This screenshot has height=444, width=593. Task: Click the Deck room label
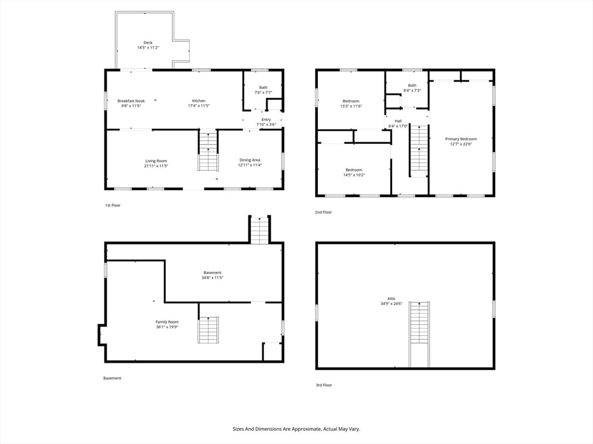148,43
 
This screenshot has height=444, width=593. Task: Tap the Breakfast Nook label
131,101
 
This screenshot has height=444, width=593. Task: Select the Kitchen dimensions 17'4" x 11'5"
199,106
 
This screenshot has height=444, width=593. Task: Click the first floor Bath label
263,87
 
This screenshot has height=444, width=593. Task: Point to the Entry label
266,120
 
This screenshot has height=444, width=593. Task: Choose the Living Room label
156,161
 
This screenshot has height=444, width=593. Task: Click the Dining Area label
250,160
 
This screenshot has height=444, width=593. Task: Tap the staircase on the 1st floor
208,150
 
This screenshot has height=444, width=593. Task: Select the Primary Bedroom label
460,139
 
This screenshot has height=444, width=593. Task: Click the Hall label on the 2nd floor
398,121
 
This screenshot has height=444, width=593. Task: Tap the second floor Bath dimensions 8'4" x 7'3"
412,91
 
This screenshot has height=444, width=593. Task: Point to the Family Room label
167,322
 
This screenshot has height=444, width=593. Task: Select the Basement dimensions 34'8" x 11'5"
213,277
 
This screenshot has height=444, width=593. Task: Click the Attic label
391,299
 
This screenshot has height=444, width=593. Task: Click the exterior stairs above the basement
259,230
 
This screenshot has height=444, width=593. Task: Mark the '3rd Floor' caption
324,385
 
